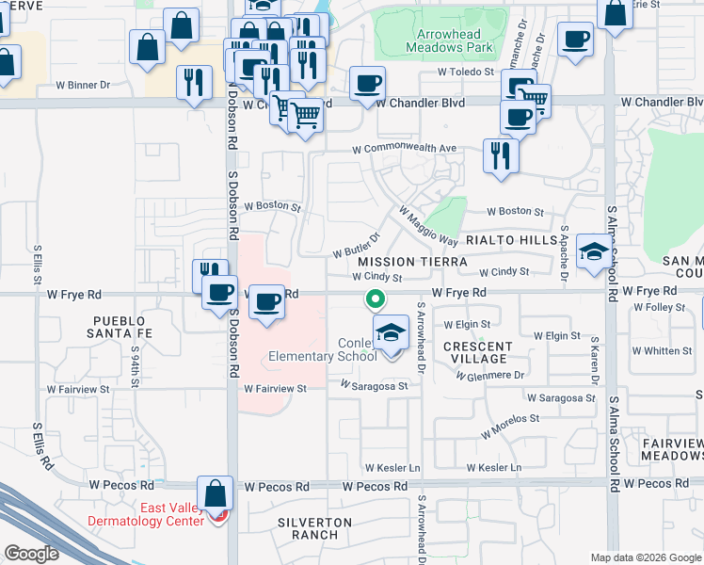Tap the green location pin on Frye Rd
[375, 299]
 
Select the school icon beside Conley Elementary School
[392, 331]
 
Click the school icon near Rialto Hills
[593, 250]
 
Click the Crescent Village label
[477, 352]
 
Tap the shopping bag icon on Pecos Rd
[216, 493]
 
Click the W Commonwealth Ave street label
[404, 149]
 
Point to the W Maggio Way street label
[427, 226]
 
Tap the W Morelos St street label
[510, 426]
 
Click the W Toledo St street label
[466, 72]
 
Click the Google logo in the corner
[31, 554]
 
